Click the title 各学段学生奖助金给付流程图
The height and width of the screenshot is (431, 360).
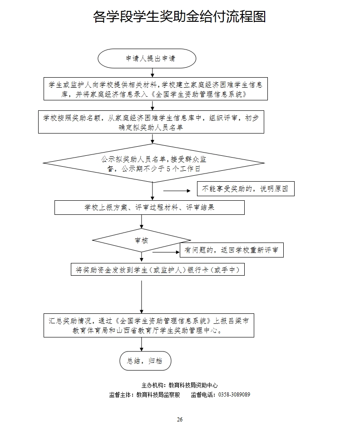[179, 17]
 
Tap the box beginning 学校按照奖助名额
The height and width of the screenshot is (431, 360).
[150, 122]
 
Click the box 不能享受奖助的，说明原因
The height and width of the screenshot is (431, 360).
[245, 188]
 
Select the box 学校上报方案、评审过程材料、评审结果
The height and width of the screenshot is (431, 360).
[149, 208]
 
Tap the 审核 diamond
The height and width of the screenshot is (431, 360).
[141, 241]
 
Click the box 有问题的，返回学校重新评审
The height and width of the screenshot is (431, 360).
[232, 250]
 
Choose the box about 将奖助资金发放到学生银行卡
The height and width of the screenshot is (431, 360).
[158, 270]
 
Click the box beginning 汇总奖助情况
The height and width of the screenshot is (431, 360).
[148, 325]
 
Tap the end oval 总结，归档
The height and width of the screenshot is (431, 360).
[145, 361]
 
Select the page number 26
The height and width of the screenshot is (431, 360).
[180, 419]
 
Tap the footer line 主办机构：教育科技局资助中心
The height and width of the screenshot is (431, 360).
[180, 385]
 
